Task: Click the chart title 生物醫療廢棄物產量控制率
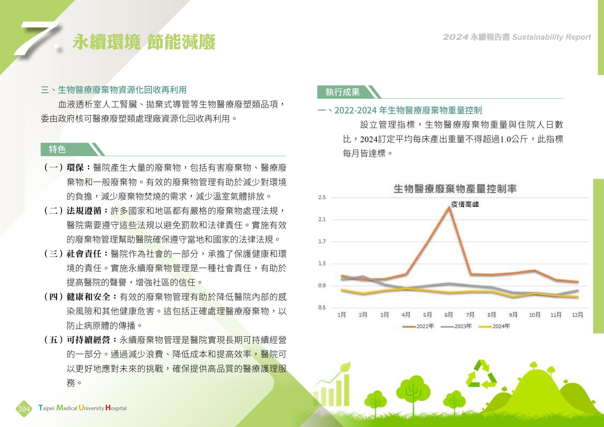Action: pos(455,189)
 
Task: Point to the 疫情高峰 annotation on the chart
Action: pos(465,204)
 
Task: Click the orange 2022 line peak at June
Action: pos(449,207)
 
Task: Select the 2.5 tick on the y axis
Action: pos(322,198)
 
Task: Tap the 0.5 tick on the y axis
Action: pos(322,308)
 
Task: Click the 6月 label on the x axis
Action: pos(449,315)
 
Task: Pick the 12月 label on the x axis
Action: pos(577,315)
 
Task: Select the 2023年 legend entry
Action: pos(456,327)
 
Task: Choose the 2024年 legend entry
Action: pos(494,327)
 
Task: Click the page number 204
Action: pos(24,409)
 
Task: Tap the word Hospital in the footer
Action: pos(116,408)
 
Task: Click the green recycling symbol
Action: pos(482,375)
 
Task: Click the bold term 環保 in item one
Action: pos(75,167)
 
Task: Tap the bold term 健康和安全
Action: pos(88,297)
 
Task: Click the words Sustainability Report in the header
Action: pos(552,37)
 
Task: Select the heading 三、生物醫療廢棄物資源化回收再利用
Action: pos(114,90)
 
